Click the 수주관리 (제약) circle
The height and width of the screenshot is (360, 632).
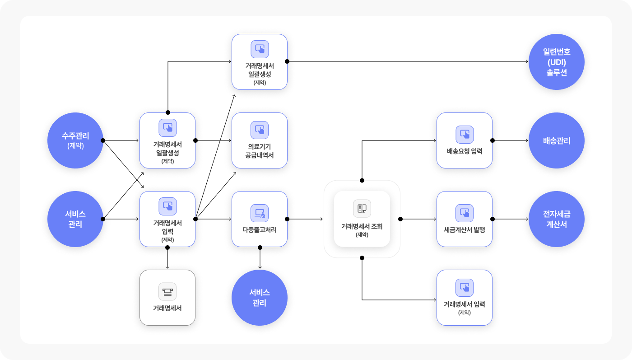click(75, 140)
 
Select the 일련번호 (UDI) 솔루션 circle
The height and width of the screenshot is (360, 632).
click(556, 62)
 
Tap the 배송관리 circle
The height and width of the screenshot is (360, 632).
click(556, 140)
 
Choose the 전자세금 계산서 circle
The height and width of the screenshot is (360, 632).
click(556, 219)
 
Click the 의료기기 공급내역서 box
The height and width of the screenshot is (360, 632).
click(260, 140)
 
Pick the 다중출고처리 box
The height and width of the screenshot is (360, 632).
click(260, 219)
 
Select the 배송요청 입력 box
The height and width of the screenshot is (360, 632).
click(465, 140)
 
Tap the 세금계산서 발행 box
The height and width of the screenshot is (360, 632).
click(465, 219)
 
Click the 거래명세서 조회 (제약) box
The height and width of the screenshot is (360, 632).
click(362, 219)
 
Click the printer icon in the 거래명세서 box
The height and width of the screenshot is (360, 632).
click(167, 291)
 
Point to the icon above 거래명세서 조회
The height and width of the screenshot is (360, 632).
click(362, 208)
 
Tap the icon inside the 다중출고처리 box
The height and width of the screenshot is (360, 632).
click(260, 213)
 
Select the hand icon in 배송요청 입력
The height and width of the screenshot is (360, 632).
click(465, 135)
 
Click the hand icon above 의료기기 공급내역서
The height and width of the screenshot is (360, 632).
click(260, 130)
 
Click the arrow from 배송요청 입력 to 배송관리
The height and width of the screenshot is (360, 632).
click(510, 140)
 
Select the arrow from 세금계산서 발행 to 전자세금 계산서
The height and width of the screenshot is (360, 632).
click(510, 219)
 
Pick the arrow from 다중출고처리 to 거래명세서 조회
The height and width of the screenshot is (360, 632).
click(305, 219)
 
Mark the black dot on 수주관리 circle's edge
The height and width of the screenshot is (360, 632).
click(103, 140)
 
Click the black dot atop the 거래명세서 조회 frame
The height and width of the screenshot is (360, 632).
click(362, 180)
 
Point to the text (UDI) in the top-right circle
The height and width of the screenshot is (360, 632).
click(556, 62)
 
